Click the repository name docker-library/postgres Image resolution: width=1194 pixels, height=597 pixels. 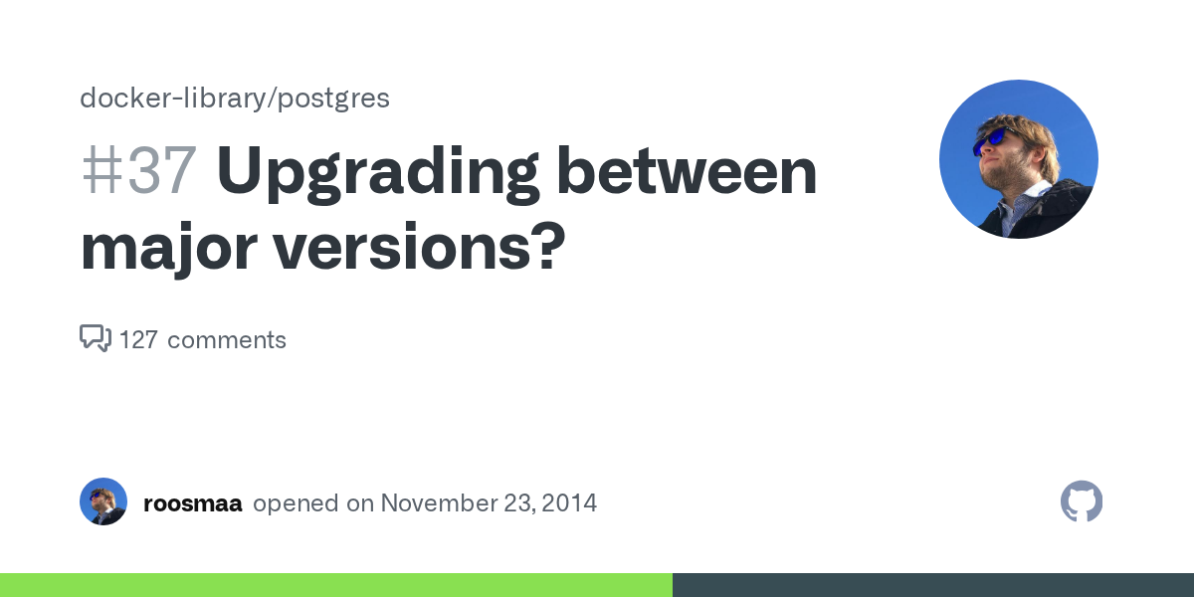coord(234,99)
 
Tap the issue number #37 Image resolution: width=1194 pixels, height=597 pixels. coord(137,171)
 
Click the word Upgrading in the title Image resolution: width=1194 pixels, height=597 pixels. coord(378,171)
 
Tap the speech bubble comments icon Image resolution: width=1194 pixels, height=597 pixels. coord(95,339)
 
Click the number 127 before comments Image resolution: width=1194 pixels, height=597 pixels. coord(138,340)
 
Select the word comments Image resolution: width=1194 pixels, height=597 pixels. coord(227,340)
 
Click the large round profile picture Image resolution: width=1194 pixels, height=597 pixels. coord(1018,159)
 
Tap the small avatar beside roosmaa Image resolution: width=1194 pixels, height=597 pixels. coord(103,501)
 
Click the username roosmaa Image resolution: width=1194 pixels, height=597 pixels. coord(193,503)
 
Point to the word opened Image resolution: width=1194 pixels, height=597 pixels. coord(296,503)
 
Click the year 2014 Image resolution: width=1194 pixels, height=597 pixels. coord(571,503)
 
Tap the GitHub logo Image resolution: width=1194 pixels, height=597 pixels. coord(1082,501)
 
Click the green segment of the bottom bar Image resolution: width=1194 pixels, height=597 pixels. coord(336,585)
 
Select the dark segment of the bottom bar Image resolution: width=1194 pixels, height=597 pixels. coord(933,585)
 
